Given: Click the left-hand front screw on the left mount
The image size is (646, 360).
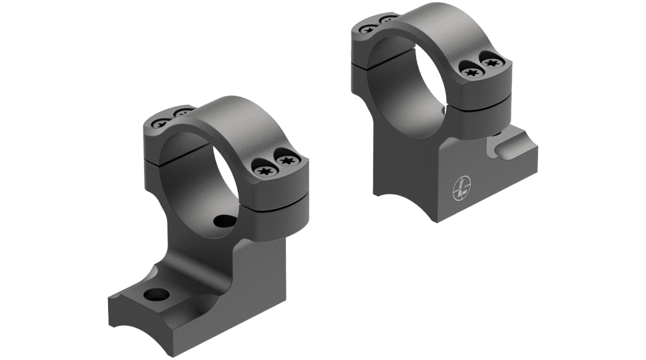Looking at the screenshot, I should (x=263, y=166).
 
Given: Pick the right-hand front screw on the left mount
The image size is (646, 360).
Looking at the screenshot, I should (x=286, y=162).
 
